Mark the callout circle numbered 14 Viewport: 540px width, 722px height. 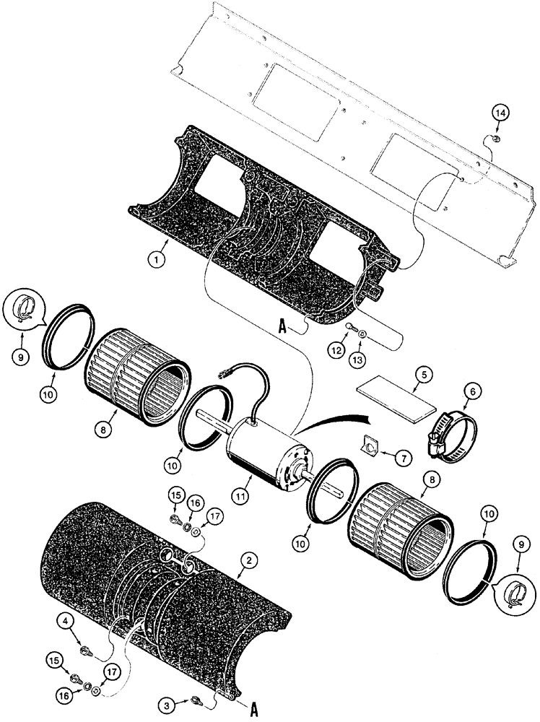click(500, 113)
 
